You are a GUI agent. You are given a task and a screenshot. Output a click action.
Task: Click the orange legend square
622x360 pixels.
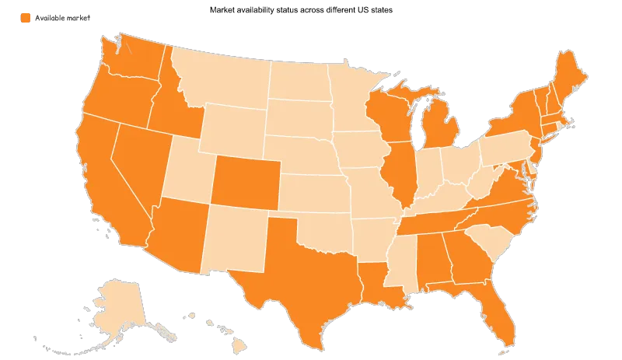pos(26,18)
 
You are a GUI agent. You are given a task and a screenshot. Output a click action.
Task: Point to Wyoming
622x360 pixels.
pos(229,128)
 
